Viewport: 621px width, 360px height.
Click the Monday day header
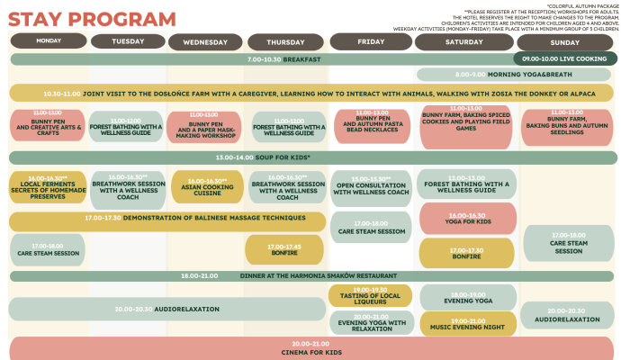pos(49,41)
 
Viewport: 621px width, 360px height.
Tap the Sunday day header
pos(564,42)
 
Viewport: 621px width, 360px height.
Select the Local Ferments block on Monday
pos(49,186)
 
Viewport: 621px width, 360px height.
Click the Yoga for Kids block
pos(467,219)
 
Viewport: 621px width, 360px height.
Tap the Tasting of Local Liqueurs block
pos(371,295)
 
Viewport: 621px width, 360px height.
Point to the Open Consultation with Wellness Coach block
pos(371,186)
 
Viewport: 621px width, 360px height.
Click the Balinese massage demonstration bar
pos(166,219)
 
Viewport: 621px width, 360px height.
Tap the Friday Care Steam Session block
pos(371,228)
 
